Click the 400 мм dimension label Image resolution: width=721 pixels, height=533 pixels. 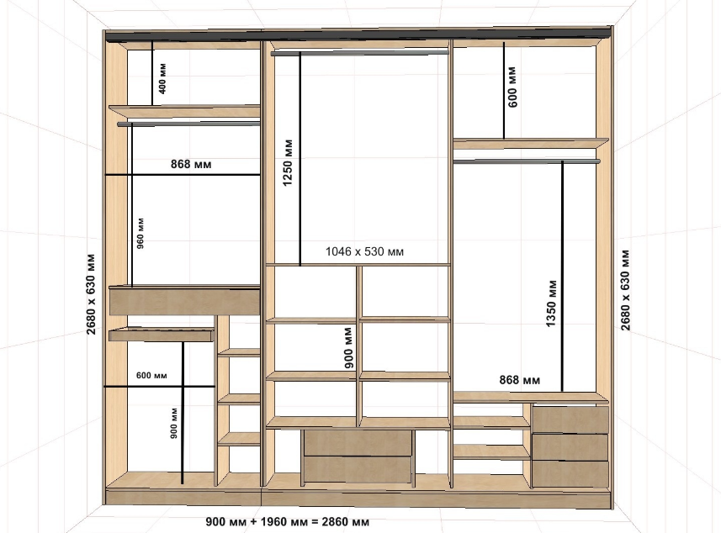click(x=162, y=78)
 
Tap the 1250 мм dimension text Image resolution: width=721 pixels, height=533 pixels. click(x=288, y=162)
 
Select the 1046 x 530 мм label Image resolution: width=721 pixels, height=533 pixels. click(x=364, y=252)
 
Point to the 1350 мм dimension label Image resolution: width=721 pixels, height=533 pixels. click(x=551, y=303)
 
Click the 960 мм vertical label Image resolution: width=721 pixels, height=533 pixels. click(x=140, y=234)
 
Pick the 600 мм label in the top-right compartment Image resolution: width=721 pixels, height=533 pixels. click(x=512, y=87)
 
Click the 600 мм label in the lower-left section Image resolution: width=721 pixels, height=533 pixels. click(x=151, y=376)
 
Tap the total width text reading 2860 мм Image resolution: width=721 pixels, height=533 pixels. click(x=345, y=522)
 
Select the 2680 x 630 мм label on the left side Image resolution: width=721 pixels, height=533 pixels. click(x=91, y=294)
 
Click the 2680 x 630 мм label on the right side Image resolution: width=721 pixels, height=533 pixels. click(x=625, y=290)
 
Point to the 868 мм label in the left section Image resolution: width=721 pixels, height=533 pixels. click(x=191, y=164)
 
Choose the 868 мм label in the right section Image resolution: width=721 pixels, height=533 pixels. click(x=520, y=380)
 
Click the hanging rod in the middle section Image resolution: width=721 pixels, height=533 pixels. click(x=359, y=53)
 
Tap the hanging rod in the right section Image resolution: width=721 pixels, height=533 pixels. click(x=527, y=161)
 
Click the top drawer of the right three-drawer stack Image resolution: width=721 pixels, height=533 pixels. click(x=570, y=419)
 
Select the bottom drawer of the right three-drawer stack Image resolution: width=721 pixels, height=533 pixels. click(x=570, y=473)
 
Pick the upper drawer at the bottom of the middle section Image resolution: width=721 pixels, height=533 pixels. click(x=358, y=442)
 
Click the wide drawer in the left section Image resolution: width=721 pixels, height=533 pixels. click(x=184, y=301)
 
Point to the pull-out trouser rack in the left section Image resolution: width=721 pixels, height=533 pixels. click(x=162, y=334)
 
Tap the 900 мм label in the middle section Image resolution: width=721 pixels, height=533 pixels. click(x=349, y=348)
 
